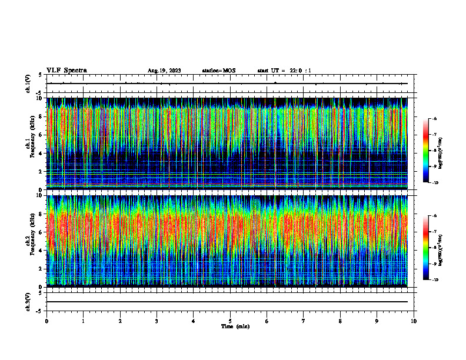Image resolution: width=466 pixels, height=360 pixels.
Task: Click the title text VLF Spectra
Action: pos(66,71)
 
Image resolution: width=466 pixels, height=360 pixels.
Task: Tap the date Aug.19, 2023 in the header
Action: pos(164,71)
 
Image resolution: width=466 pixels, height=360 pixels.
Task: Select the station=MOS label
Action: pos(218,71)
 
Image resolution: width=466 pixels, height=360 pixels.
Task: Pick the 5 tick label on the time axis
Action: pos(230,321)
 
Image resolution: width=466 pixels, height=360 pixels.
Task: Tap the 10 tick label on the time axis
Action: pos(414,321)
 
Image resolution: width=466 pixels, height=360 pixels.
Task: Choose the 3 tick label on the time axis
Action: pos(157,321)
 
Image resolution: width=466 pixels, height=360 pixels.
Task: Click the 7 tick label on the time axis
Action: pos(304,321)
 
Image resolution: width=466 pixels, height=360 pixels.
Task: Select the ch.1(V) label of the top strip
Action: pos(28,84)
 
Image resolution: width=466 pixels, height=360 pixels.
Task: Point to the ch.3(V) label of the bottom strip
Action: pos(28,301)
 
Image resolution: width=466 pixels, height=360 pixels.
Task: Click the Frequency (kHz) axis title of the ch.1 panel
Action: pos(32,142)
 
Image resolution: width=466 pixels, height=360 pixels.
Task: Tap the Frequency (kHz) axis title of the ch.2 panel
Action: pos(32,240)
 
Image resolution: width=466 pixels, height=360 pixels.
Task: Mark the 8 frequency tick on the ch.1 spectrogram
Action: pos(39,116)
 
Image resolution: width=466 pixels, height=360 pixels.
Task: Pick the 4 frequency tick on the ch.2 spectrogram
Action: pos(39,251)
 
